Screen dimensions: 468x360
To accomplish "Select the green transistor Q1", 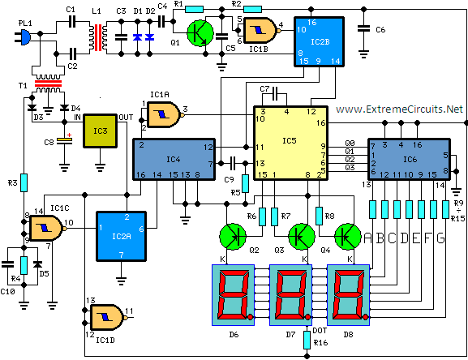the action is click(200, 33).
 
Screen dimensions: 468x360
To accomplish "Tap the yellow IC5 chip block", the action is click(290, 144).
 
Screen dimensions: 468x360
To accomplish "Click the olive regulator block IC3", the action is click(100, 131).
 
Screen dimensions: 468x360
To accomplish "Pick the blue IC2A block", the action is click(121, 236).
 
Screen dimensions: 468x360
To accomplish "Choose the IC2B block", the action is click(319, 41).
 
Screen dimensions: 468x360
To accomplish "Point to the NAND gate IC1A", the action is click(164, 114).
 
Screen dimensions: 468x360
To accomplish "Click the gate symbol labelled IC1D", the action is click(107, 317).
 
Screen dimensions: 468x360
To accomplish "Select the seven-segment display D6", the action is click(233, 295).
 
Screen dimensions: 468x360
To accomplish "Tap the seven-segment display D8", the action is click(348, 295).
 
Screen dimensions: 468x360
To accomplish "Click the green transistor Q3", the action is click(302, 237).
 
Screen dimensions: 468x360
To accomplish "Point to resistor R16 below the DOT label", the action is click(307, 340).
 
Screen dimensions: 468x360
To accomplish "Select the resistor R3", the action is click(24, 182).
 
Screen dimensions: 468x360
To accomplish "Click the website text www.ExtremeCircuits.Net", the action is click(399, 109).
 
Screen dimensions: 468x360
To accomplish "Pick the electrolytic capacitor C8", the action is click(64, 141).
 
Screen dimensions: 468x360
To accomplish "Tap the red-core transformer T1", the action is click(49, 83).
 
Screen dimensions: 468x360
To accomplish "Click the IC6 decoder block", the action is click(410, 159).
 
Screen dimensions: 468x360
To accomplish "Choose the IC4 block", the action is click(174, 159).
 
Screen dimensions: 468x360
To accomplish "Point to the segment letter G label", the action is click(441, 238).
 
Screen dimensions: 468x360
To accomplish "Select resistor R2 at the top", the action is click(252, 9).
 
